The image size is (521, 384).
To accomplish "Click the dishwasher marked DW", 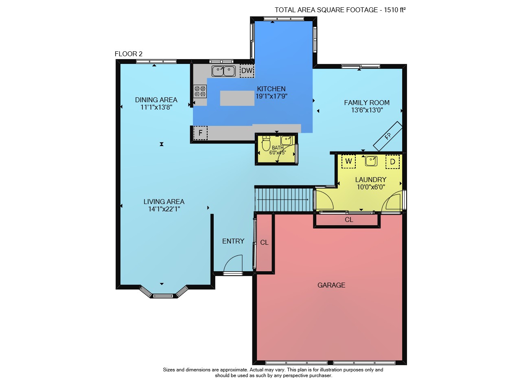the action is [x=247, y=70].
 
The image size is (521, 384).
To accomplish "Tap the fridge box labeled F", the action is [x=200, y=133].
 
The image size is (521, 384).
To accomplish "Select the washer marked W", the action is [x=348, y=161].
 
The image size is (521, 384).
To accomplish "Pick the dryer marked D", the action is [x=393, y=162].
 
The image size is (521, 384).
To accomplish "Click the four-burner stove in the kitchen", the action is [x=200, y=92].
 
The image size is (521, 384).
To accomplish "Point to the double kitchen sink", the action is [x=223, y=71].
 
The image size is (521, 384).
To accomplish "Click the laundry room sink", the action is [x=371, y=161].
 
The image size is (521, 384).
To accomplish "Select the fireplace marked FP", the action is [x=388, y=136].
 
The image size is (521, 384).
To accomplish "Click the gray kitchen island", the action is [x=237, y=98].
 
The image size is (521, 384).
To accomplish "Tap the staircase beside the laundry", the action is [x=284, y=200].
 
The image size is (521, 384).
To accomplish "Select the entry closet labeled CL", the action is [x=264, y=243].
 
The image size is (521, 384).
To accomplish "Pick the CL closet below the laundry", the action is [x=349, y=220].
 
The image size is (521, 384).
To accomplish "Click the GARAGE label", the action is [x=331, y=285].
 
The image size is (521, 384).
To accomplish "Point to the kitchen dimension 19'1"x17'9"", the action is [x=271, y=96].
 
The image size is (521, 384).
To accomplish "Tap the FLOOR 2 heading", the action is [x=128, y=54].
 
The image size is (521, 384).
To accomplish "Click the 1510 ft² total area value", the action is [x=395, y=10].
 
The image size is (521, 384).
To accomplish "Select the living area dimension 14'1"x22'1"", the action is [x=164, y=209].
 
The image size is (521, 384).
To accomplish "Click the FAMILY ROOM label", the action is [x=367, y=103].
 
